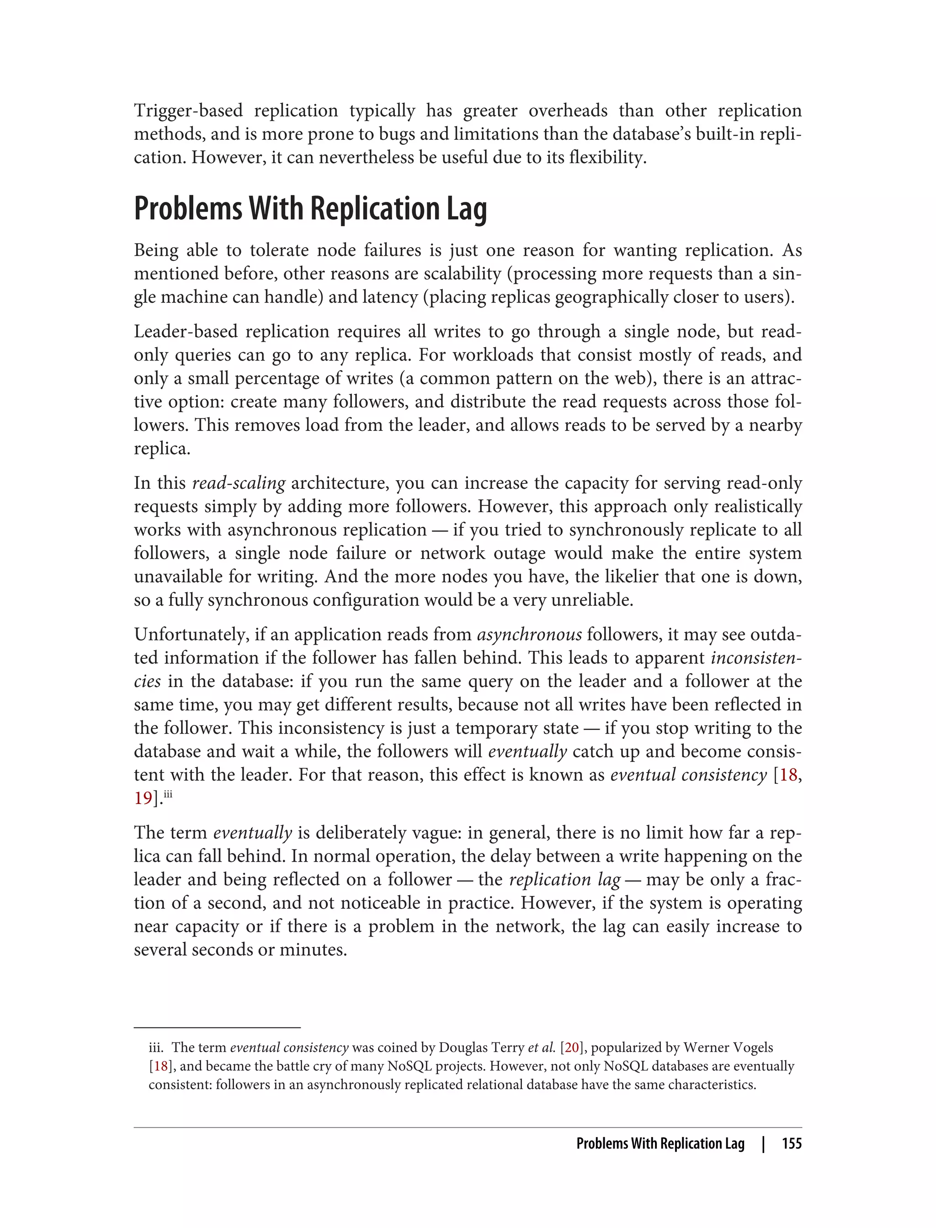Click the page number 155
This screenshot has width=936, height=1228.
click(x=791, y=1143)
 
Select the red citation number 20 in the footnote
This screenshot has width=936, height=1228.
click(x=572, y=1048)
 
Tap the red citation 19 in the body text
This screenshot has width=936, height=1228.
click(x=143, y=798)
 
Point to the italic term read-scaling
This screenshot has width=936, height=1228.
click(x=239, y=483)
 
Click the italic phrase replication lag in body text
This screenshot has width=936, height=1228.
click(x=564, y=879)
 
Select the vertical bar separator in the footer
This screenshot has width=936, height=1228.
click(x=763, y=1143)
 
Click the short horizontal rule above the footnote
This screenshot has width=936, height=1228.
click(x=217, y=1027)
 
